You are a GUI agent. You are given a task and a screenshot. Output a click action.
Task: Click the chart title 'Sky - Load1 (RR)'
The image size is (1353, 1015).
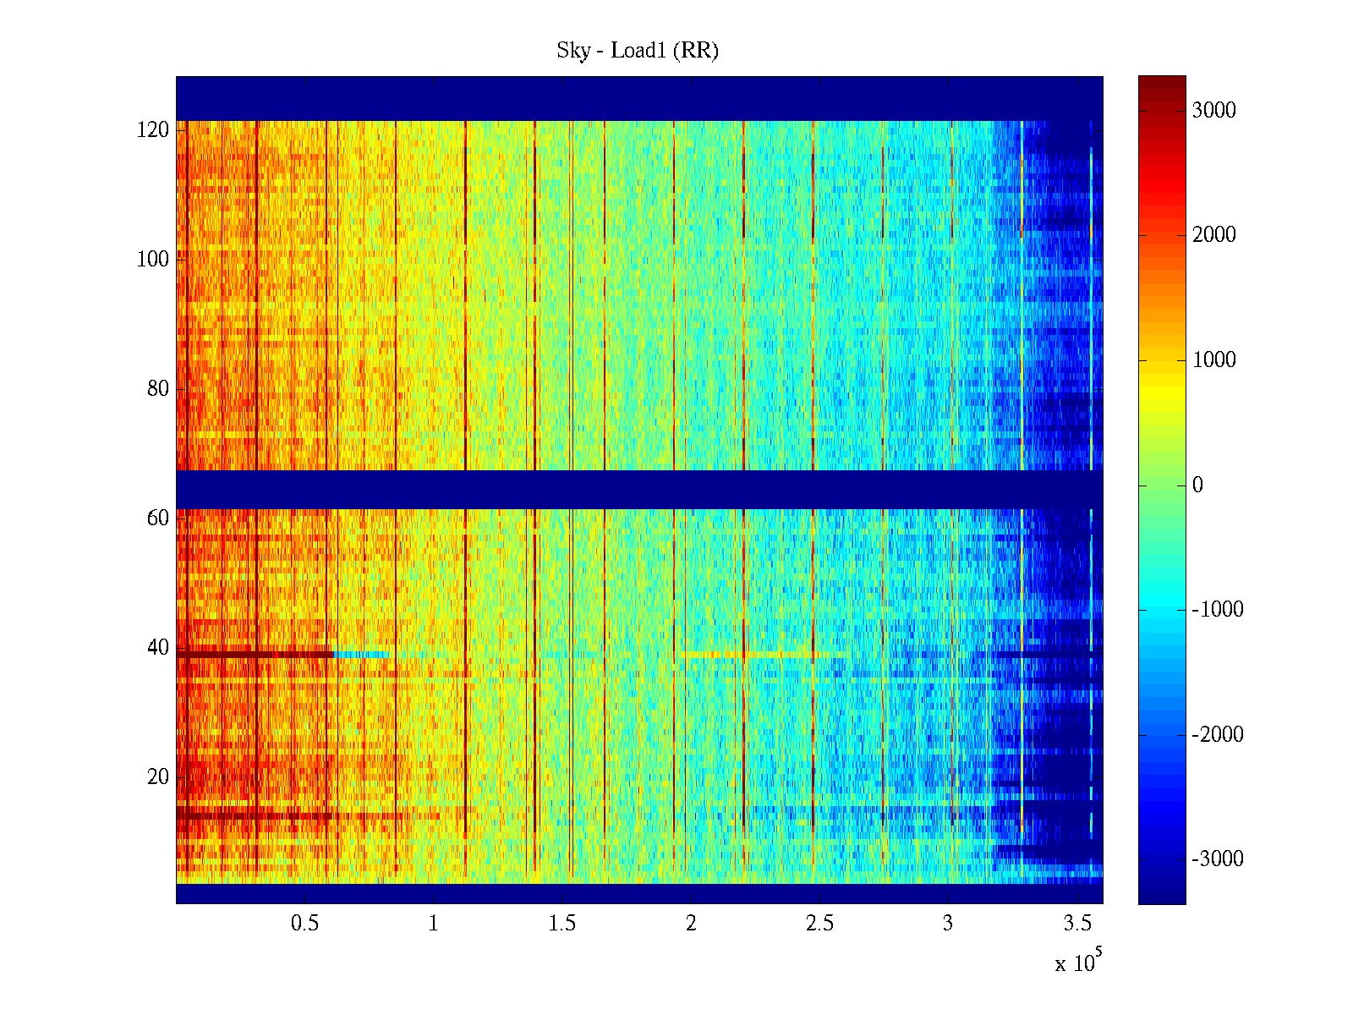pos(637,51)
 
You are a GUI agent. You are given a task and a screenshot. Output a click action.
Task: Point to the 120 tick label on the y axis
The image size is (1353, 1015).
pos(153,130)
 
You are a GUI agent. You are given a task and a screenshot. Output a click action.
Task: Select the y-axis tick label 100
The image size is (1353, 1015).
pos(153,260)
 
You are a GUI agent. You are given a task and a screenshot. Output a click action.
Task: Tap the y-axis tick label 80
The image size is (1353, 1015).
pos(158,389)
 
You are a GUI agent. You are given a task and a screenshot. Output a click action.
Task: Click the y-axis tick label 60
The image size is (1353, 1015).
pos(158,518)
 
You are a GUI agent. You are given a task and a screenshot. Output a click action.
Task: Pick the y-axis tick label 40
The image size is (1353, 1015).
pos(158,648)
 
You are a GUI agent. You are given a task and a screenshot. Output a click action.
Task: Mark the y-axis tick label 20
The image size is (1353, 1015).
pos(158,777)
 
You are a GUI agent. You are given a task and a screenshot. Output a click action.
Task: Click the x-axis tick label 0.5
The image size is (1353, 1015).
pos(304,924)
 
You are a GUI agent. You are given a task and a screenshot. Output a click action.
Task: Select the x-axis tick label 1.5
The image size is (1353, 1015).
pos(561,924)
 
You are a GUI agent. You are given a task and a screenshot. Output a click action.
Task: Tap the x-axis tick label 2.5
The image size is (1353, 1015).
pos(819,924)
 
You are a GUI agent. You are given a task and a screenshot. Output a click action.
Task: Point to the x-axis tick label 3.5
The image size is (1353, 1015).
pos(1077,924)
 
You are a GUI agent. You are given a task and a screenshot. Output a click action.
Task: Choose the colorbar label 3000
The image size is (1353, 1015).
pos(1213,111)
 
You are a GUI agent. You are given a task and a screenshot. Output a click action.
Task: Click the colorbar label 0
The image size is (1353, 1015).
pos(1197,486)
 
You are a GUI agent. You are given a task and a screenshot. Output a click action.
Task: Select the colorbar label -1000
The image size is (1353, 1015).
pos(1218,610)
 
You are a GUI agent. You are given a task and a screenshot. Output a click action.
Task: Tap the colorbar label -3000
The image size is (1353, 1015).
pos(1218,859)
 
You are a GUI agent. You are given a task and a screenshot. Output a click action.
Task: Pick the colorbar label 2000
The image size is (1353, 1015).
pos(1213,235)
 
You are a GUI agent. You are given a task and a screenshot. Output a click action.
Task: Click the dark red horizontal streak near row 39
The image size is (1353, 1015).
pos(254,654)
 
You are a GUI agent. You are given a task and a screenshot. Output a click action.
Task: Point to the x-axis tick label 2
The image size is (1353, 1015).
pos(691,924)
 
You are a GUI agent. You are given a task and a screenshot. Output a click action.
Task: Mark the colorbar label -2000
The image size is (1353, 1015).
pos(1218,735)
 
